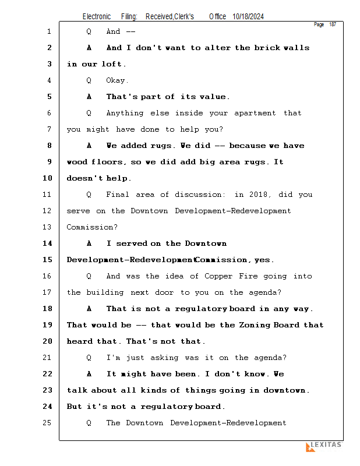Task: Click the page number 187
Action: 333,24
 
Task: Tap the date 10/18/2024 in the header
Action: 248,17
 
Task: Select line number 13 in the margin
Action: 47,227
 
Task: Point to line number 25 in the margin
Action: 47,423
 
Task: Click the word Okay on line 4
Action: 117,80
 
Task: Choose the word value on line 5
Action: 213,97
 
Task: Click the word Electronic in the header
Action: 97,17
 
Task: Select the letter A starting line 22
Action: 89,374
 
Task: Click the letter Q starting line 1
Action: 89,31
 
